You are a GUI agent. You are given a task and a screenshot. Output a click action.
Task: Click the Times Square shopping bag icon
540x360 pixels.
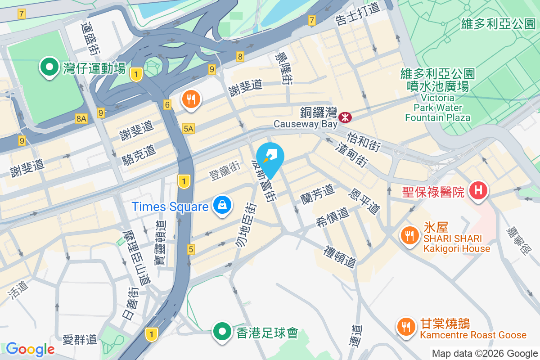222,206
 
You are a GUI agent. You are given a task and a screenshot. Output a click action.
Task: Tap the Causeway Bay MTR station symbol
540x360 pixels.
346,117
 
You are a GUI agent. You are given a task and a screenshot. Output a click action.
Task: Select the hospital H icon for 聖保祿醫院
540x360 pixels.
478,191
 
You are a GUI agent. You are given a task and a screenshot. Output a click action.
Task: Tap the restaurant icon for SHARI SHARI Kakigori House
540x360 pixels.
409,237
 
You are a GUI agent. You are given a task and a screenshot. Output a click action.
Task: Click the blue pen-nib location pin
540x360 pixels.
271,156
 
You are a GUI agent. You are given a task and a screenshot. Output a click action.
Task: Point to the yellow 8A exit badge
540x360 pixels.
81,118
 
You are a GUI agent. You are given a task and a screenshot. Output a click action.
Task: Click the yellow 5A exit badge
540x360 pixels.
189,129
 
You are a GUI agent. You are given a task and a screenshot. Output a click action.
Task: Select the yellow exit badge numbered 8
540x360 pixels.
240,57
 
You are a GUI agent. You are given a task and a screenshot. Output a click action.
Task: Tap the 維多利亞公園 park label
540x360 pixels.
498,24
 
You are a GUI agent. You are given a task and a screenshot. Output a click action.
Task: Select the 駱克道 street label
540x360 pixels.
139,155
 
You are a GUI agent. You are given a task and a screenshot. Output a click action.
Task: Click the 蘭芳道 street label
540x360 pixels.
318,193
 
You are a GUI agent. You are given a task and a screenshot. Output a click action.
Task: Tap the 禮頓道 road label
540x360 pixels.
340,256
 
